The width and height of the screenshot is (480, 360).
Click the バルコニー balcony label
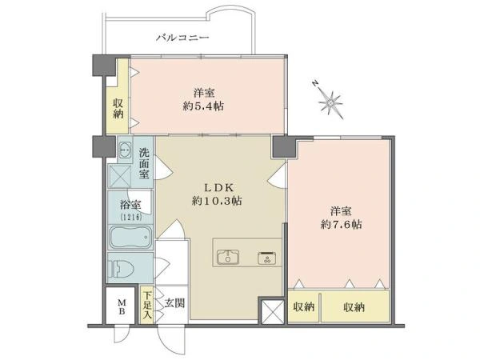pos(182,38)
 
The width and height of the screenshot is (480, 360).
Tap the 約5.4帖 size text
pos(203,106)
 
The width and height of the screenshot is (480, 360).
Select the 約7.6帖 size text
pos(341,224)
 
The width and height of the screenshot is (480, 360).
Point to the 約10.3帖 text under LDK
pos(217,201)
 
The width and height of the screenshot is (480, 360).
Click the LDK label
pos(219,186)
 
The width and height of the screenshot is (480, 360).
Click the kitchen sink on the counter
pos(228,257)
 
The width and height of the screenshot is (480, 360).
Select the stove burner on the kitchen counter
pos(267,258)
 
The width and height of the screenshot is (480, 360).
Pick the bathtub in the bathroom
pos(130,237)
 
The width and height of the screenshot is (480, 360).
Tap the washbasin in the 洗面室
pos(126,150)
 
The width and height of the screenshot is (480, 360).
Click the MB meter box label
pos(122,307)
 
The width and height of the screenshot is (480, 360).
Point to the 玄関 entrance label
pos(174,303)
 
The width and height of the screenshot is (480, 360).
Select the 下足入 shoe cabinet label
pos(148,305)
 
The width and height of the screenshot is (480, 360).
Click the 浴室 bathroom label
pos(130,205)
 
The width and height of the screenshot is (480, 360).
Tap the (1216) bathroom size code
pos(130,217)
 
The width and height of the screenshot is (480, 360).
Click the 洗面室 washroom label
pos(144,163)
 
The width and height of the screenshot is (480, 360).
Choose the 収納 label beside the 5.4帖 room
pos(118,108)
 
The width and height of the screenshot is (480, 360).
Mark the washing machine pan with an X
pos(120,176)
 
